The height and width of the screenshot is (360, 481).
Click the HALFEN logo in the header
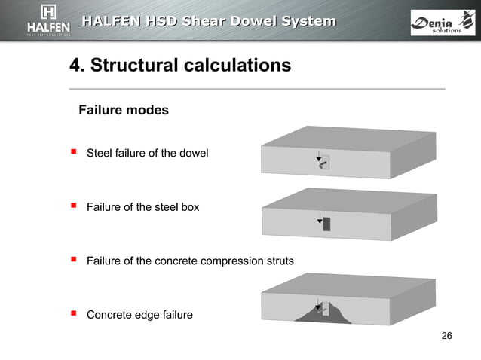pyautogui.click(x=49, y=20)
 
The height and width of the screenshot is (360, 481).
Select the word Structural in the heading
pyautogui.click(x=134, y=66)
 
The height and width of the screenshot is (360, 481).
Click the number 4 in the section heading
pyautogui.click(x=75, y=66)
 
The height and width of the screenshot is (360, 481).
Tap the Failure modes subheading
pyautogui.click(x=124, y=111)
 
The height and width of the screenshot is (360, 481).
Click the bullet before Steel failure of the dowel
pyautogui.click(x=74, y=152)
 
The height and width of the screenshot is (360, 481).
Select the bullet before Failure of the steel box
pyautogui.click(x=74, y=205)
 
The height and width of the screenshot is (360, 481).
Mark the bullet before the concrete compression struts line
pyautogui.click(x=74, y=260)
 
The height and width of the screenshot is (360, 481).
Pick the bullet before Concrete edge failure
pyautogui.click(x=74, y=313)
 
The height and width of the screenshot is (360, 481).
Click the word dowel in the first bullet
pyautogui.click(x=195, y=154)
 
